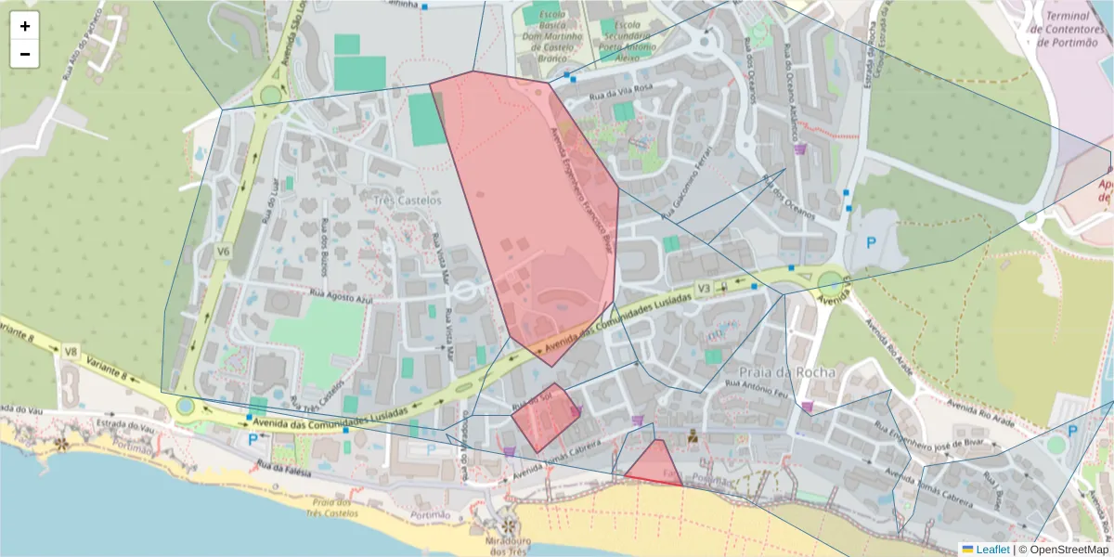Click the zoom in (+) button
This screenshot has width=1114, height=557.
(x=25, y=26)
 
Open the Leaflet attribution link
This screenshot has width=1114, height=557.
(x=991, y=550)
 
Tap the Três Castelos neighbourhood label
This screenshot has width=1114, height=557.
(x=408, y=200)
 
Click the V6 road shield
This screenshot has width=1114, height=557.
(x=224, y=251)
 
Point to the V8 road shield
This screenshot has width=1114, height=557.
(x=71, y=351)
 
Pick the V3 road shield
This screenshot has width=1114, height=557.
(x=704, y=290)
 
